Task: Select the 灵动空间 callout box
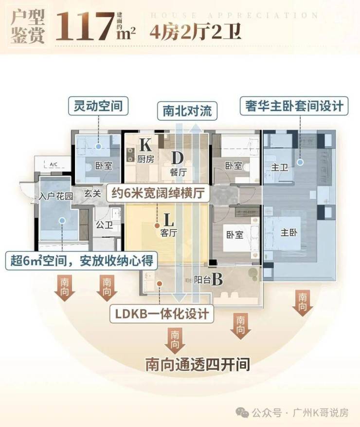click(99, 105)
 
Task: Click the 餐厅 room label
click(178, 171)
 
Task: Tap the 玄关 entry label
click(92, 193)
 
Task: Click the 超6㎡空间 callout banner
click(81, 261)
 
